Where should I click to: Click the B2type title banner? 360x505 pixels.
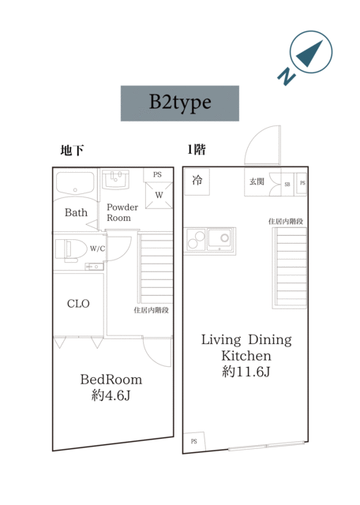[180, 103]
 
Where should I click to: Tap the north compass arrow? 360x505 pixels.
[310, 53]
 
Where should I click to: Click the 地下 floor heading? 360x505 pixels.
[72, 150]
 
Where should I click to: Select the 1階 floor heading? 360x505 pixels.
[197, 149]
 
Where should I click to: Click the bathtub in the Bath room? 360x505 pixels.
[75, 183]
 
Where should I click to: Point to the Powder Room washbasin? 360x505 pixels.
[116, 180]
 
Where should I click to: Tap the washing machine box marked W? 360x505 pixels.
[159, 195]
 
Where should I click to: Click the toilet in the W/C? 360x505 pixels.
[71, 249]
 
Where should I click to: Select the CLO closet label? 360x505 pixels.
[78, 303]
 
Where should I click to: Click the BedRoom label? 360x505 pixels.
[111, 380]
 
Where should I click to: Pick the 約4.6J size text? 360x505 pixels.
[111, 395]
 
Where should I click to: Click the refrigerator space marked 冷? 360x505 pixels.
[197, 181]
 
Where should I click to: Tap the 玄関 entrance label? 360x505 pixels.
[257, 181]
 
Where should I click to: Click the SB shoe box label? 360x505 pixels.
[287, 185]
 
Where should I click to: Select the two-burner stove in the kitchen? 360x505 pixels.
[196, 240]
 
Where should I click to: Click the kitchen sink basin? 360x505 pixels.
[219, 239]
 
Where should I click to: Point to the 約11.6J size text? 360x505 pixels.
[246, 372]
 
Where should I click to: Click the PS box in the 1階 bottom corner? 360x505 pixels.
[194, 442]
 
